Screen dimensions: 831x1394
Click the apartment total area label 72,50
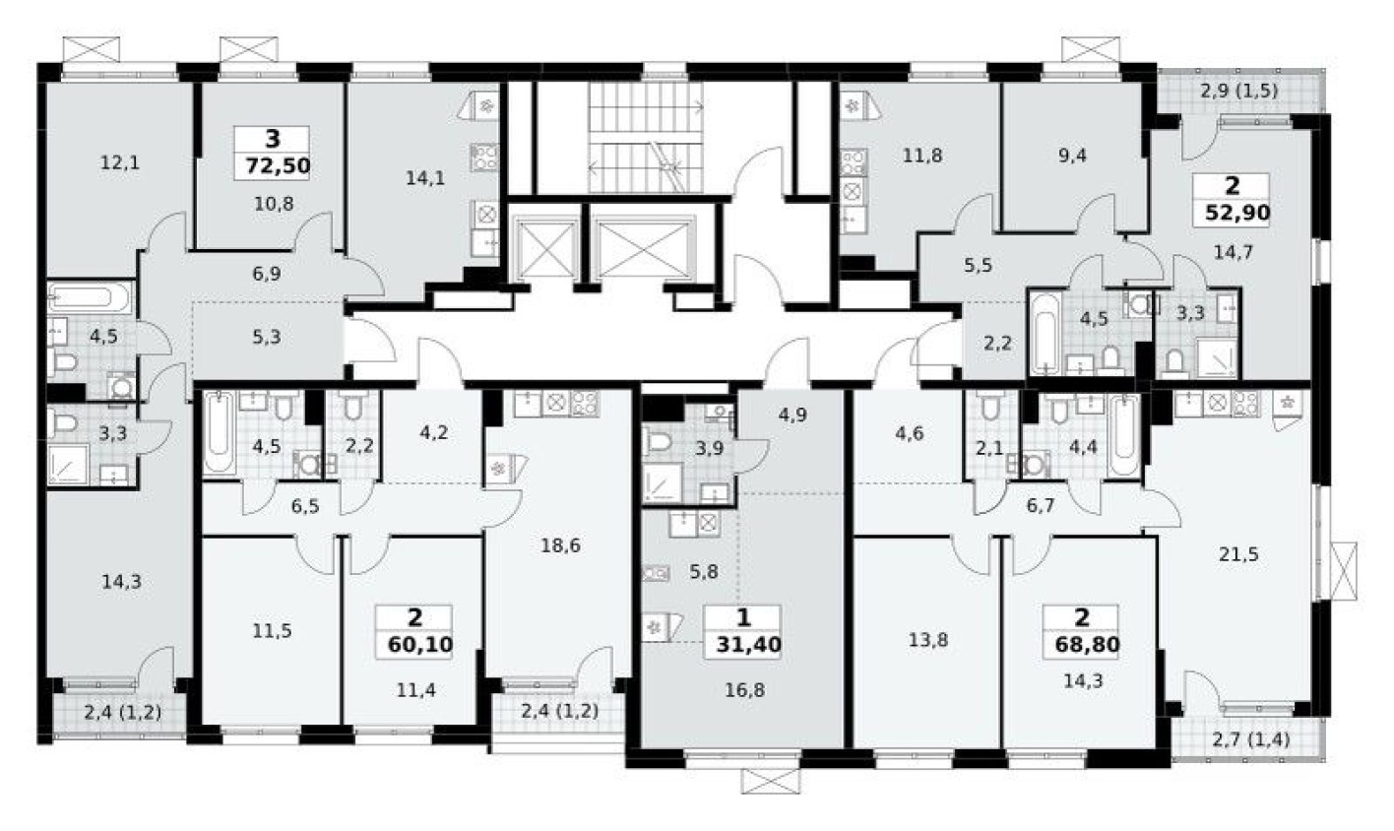click(273, 165)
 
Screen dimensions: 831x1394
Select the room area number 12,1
click(120, 162)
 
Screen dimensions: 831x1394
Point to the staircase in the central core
click(645, 138)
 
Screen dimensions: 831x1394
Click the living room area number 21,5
click(1238, 554)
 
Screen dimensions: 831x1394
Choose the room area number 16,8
click(743, 690)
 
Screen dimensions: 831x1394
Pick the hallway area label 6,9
click(266, 274)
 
